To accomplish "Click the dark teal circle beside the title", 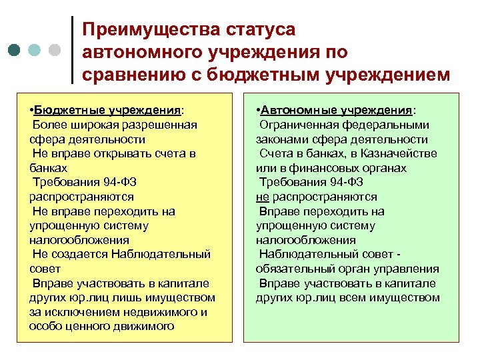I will tap(15, 51).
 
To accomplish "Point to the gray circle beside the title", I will tap(55, 51).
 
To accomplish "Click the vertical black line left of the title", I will tap(71, 50).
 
